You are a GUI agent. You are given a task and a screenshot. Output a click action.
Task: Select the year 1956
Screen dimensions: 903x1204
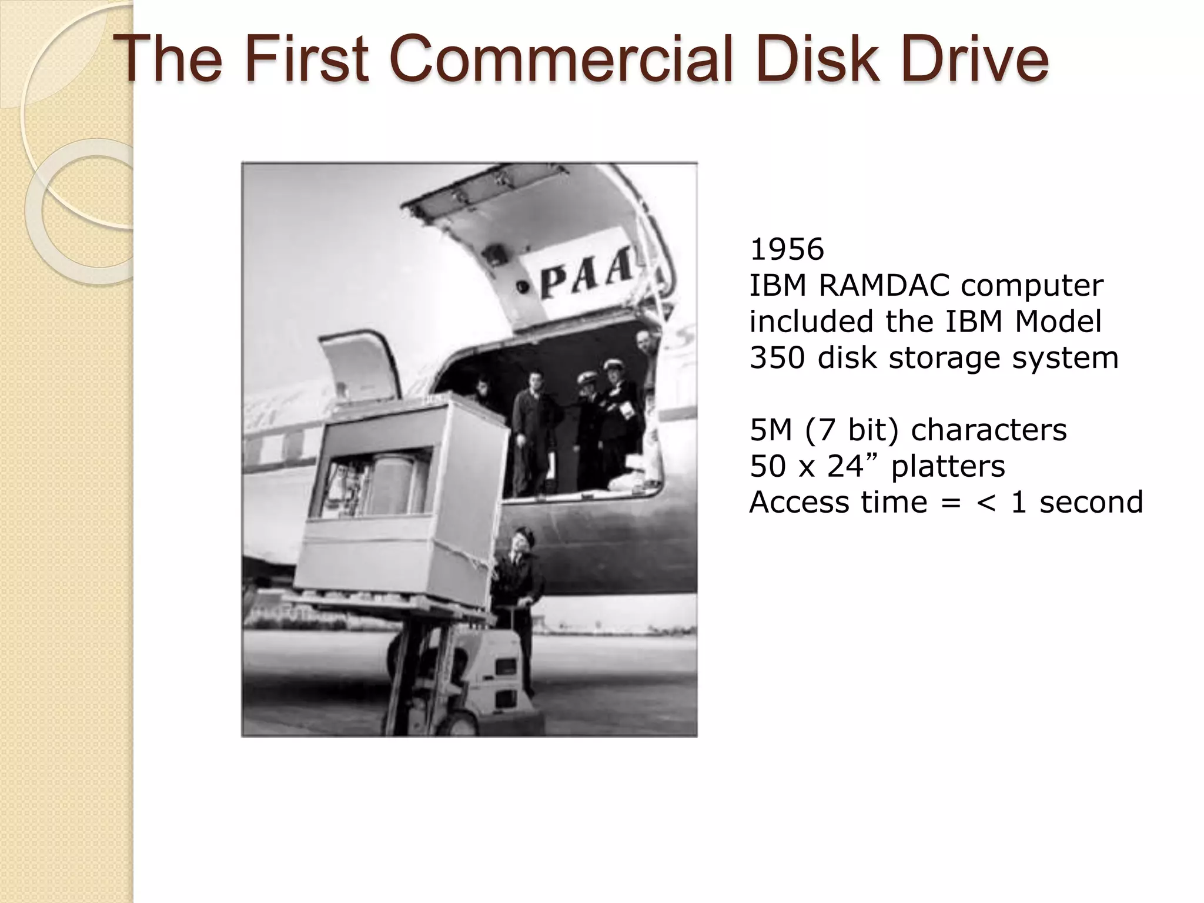787,249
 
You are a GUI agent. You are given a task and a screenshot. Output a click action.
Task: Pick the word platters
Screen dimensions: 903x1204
948,466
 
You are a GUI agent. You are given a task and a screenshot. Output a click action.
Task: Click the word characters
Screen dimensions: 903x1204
988,430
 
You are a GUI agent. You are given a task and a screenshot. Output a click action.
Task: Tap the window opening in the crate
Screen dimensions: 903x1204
376,482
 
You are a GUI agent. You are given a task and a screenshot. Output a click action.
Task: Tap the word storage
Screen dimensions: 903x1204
946,357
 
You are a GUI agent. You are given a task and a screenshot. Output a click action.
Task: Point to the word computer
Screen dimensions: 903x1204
1032,286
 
